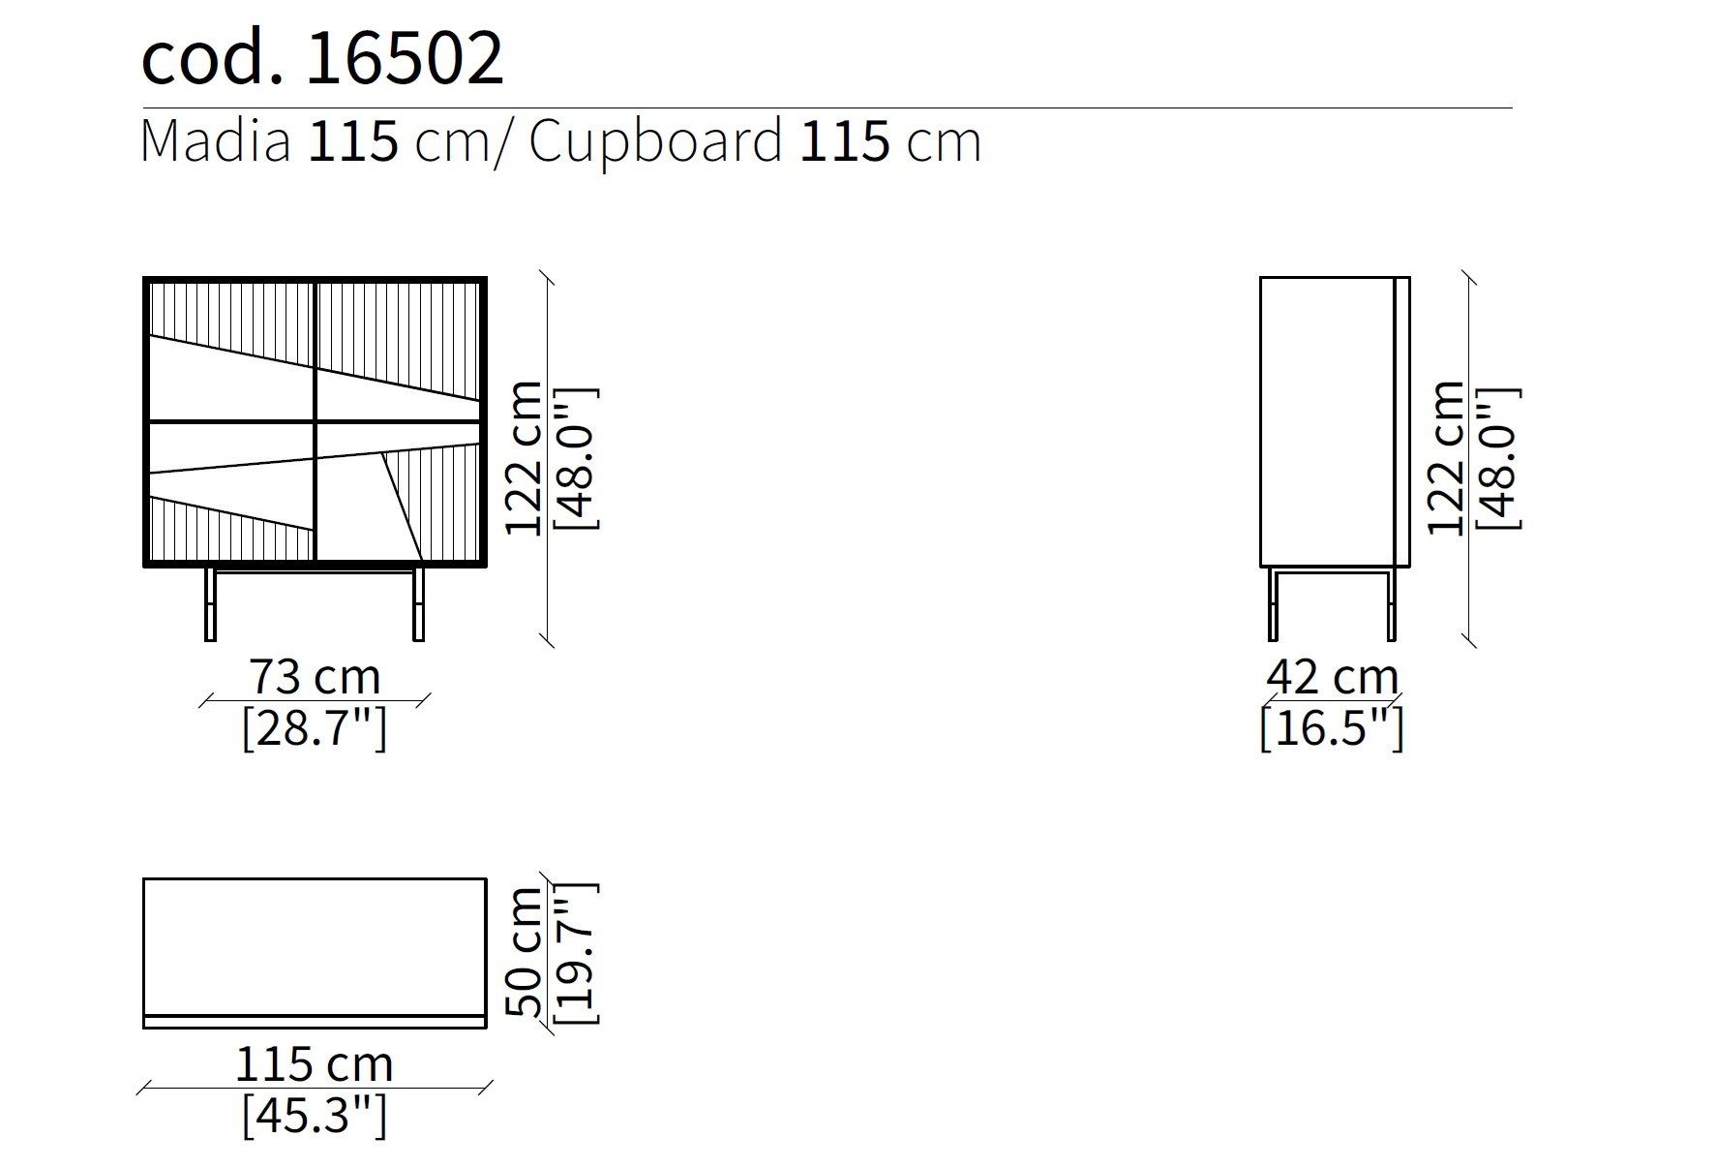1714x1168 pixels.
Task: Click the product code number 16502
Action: click(405, 58)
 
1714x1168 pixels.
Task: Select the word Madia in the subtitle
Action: click(215, 141)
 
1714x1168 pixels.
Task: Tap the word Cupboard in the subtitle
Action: click(655, 141)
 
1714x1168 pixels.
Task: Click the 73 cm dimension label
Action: click(315, 676)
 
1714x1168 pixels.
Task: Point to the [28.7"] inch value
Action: click(315, 727)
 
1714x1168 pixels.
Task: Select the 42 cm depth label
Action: click(1332, 676)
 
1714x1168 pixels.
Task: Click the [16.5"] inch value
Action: click(1332, 727)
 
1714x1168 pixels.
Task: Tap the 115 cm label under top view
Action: click(315, 1064)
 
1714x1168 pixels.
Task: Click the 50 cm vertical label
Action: click(526, 952)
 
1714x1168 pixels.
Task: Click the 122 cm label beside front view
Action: click(526, 458)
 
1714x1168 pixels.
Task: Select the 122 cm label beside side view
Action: click(1448, 458)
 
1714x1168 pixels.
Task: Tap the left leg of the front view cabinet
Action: click(210, 604)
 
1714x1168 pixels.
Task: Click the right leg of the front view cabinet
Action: click(418, 604)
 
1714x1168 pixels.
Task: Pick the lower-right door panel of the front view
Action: click(399, 494)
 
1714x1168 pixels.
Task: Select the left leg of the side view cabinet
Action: click(1273, 604)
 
